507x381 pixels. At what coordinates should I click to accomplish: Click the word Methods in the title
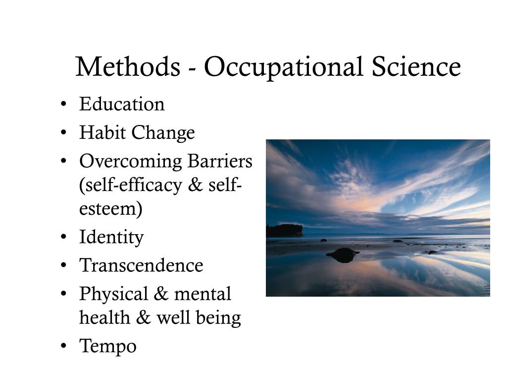coord(128,67)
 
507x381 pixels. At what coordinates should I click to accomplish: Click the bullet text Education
coord(122,105)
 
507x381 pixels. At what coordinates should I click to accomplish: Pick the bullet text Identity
coord(111,238)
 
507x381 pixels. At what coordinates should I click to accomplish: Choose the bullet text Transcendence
coord(141,265)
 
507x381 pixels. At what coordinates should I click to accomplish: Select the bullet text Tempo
coord(107,346)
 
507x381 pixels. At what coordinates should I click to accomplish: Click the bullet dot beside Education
coord(65,105)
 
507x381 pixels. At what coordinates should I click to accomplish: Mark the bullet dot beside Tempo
coord(65,346)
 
